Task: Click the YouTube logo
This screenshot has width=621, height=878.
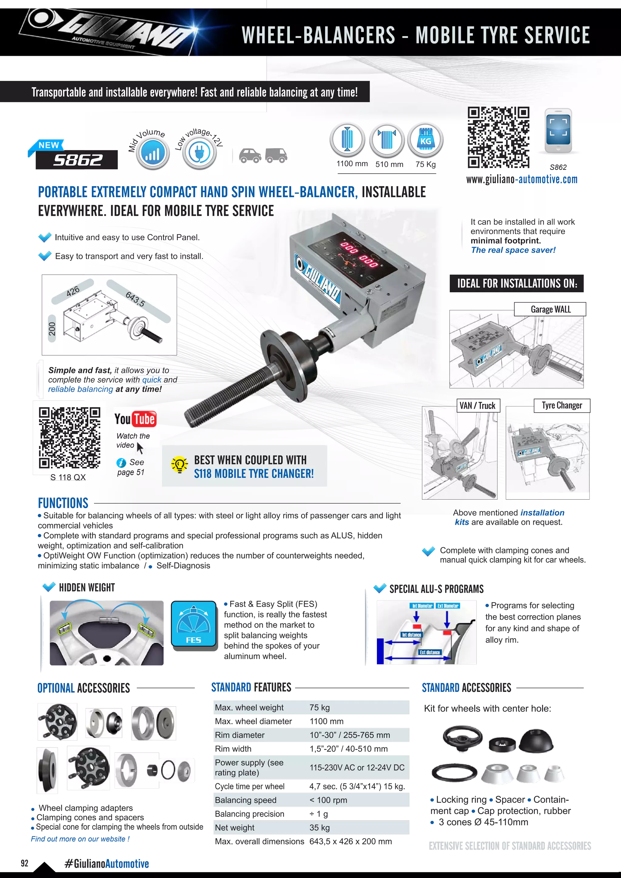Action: tap(135, 419)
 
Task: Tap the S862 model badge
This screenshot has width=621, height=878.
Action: tap(78, 160)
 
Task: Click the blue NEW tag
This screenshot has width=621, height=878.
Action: tap(49, 145)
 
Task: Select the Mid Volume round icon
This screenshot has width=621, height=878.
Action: tap(153, 153)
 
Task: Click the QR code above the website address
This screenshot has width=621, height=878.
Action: tap(498, 137)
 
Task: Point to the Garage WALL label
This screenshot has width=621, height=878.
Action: tap(550, 309)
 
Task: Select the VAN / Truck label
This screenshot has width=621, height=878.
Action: tap(477, 406)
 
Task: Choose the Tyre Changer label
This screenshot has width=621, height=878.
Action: tap(562, 405)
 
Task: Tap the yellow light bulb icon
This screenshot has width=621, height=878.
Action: tap(179, 465)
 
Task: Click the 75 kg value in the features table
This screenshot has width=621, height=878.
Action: tap(320, 707)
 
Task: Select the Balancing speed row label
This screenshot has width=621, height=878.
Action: tap(246, 800)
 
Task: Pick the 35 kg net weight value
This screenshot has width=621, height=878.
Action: tap(320, 828)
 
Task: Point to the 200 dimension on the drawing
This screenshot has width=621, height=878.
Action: tap(52, 329)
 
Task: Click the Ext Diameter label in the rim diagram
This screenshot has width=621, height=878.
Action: tap(448, 606)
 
